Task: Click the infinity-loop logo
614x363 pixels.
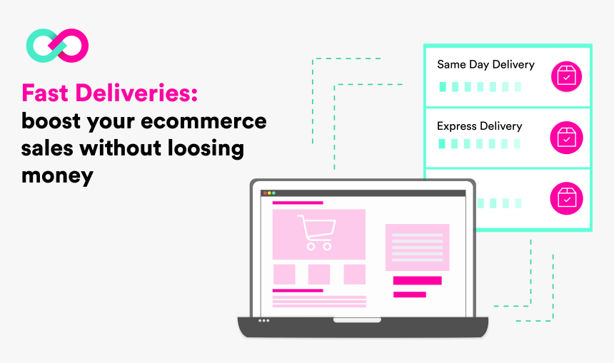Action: pos(57,46)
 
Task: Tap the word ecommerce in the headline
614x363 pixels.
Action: pos(203,121)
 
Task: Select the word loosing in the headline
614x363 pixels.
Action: pos(206,148)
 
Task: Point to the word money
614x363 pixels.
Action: pos(57,175)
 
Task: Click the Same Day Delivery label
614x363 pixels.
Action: pos(485,65)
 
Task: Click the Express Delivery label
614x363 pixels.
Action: pos(479,126)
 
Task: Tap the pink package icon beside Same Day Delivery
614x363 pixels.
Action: pos(566,76)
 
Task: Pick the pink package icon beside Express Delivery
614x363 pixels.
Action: pos(566,138)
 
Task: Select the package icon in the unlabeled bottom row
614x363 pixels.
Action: pos(566,198)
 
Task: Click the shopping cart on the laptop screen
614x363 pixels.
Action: pos(317,232)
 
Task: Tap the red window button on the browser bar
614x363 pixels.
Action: pos(265,193)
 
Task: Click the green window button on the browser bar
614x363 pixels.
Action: pos(273,193)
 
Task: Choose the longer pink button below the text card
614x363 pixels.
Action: pos(418,280)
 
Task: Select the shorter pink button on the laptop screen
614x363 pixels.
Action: pos(410,295)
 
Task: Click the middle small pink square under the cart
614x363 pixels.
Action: pos(318,274)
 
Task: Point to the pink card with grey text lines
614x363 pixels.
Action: pos(418,247)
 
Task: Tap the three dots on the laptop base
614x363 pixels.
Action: pos(263,321)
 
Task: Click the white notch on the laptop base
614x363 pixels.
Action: pos(357,320)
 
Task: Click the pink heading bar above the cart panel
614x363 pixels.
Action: pos(298,203)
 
